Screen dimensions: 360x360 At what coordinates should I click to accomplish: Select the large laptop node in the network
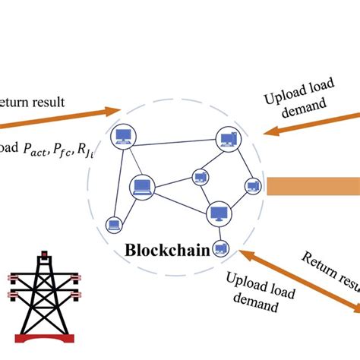coord(141,185)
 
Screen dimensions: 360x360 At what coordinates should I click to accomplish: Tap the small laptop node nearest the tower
coord(114,224)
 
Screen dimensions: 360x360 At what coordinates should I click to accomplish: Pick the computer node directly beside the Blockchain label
coord(220,247)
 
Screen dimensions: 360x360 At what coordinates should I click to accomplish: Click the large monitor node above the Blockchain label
coord(217,213)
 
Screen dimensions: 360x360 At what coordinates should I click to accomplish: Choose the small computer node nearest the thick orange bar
coord(252,185)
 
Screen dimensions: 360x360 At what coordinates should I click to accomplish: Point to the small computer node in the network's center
coord(201,178)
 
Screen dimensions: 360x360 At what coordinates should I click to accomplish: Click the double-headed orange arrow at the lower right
coord(300,278)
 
